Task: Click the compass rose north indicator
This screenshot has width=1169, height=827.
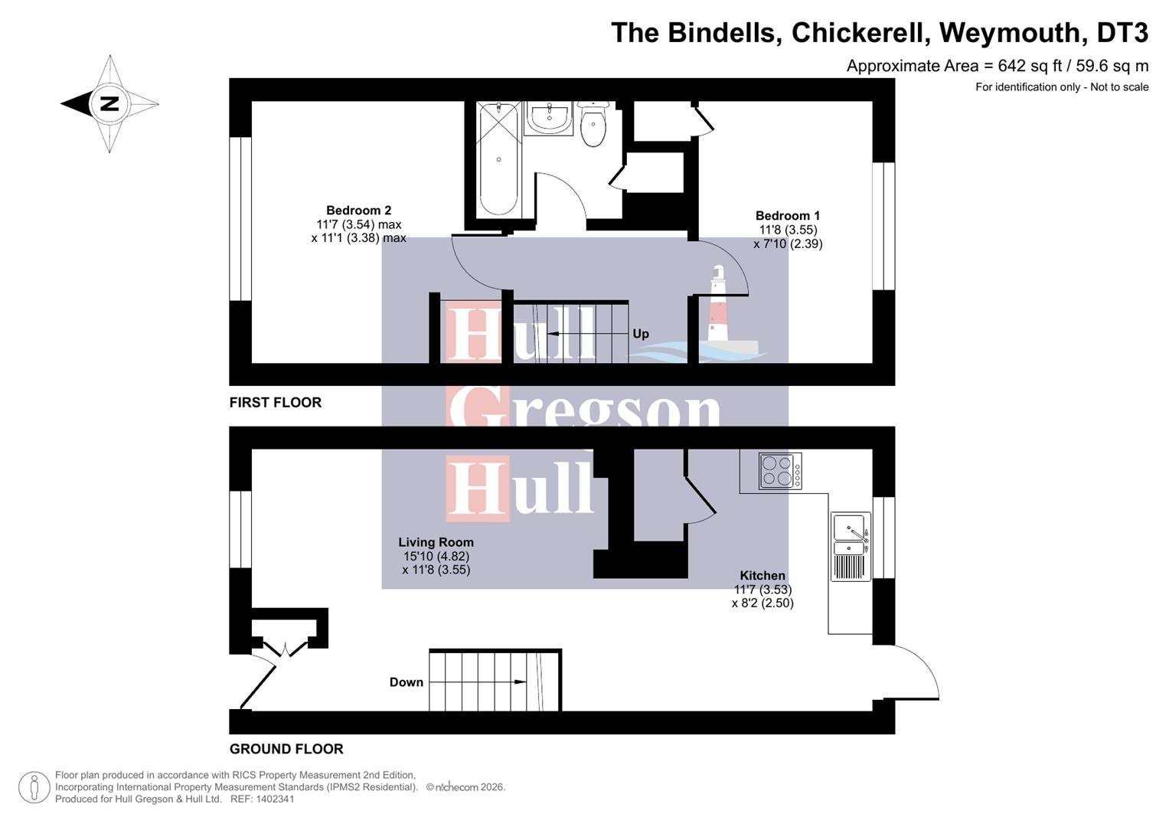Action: [109, 103]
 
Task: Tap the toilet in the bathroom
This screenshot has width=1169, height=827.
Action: [593, 125]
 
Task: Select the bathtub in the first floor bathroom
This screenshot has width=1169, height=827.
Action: [498, 159]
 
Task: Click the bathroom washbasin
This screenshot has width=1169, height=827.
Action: [549, 118]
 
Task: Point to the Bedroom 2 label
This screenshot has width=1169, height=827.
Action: [358, 211]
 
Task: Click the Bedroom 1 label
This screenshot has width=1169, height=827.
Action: [787, 216]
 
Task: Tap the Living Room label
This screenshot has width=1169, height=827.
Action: [436, 542]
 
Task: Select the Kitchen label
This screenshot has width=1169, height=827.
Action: [762, 576]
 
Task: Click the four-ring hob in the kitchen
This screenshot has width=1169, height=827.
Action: [780, 470]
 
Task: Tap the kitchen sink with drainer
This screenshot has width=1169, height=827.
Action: [851, 547]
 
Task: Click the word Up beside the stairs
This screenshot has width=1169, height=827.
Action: [641, 334]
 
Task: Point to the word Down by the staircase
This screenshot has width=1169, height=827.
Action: [406, 682]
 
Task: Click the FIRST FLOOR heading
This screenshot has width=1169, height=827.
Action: [276, 403]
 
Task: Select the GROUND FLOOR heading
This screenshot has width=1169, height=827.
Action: [286, 749]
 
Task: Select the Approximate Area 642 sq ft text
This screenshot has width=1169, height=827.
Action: [997, 66]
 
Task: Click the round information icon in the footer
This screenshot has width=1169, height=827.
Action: [34, 787]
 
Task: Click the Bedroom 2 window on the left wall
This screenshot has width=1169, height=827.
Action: [240, 219]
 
